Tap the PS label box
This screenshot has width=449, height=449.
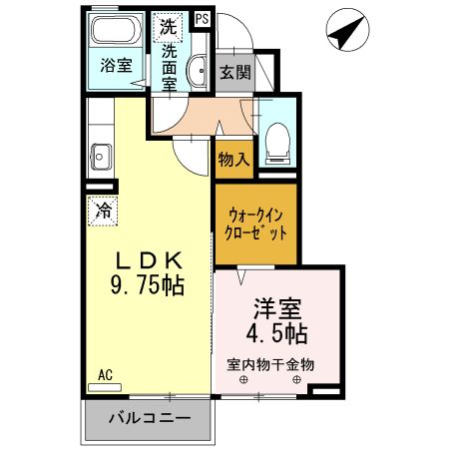point(203,17)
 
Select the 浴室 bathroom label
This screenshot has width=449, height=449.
point(116,66)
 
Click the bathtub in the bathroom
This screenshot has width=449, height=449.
point(117,33)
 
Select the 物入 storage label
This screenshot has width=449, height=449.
point(232,160)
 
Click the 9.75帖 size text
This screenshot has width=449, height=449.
point(146,287)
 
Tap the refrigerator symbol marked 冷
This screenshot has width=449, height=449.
point(102,210)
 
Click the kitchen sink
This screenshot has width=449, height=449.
point(100,154)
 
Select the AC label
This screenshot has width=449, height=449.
point(105,375)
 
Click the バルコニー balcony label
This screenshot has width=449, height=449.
point(149,417)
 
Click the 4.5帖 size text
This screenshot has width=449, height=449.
point(276,332)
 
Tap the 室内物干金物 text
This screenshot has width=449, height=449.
point(269,364)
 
